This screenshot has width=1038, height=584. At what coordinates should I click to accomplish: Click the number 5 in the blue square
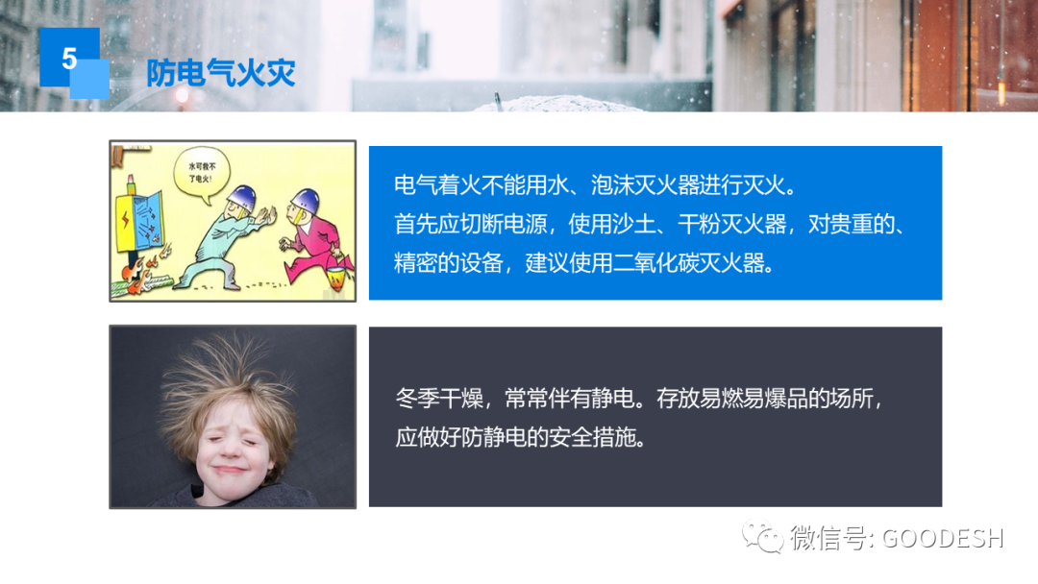(x=69, y=59)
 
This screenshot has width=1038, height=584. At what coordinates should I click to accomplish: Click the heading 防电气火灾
(x=220, y=72)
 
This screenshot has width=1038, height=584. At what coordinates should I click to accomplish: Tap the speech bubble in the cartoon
(x=201, y=173)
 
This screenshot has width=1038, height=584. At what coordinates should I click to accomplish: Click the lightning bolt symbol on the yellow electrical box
(x=125, y=219)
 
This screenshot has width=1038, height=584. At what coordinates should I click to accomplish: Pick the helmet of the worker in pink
(x=306, y=200)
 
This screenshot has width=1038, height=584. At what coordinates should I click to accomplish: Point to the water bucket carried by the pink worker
(x=336, y=279)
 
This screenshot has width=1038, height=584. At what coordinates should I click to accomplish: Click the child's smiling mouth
(x=229, y=470)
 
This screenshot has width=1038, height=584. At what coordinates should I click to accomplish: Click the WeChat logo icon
(x=762, y=536)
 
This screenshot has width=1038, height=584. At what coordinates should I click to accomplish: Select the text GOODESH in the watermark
(x=943, y=538)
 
